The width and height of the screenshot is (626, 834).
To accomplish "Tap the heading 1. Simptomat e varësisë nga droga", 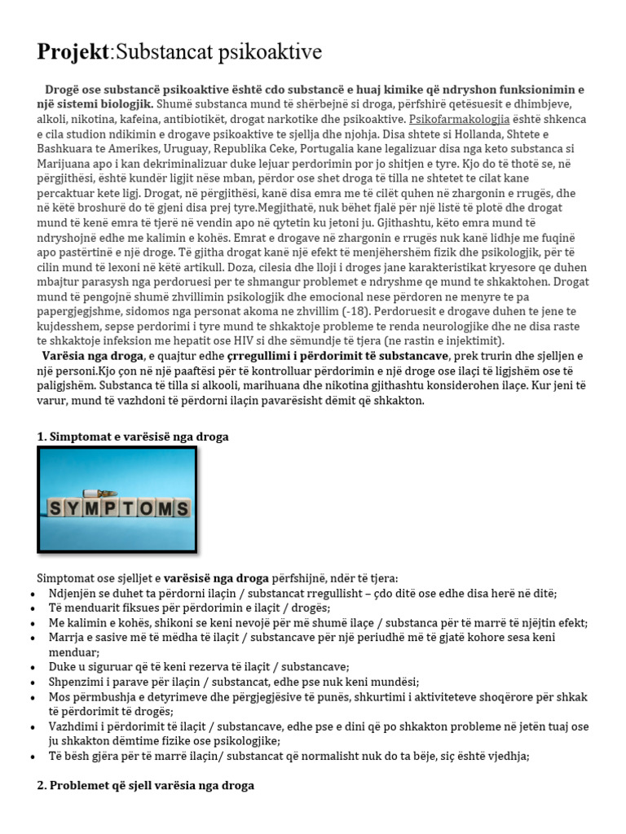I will coord(133,437).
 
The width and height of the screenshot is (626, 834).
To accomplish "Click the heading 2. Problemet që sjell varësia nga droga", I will coord(145,786).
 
